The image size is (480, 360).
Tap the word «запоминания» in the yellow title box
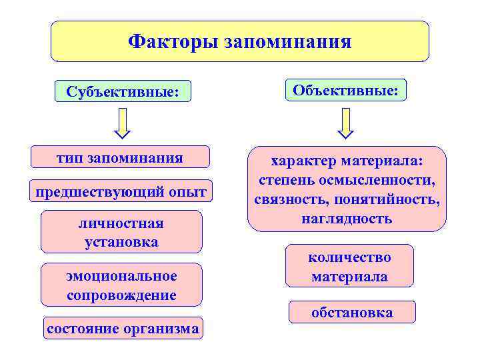pos(288,43)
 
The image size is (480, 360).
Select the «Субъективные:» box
pos(123,91)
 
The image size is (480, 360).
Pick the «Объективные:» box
pos(345,89)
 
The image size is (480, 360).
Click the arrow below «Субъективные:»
pos(123,123)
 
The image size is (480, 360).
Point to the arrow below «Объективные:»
pos(345,123)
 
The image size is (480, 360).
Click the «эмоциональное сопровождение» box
pos(121,285)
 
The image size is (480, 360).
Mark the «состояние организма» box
pos(123,328)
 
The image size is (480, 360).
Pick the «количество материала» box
pos(349,266)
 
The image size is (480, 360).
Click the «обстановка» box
pos(352,312)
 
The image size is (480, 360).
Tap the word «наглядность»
pos(347,218)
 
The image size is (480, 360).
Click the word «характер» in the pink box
pos(303,161)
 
